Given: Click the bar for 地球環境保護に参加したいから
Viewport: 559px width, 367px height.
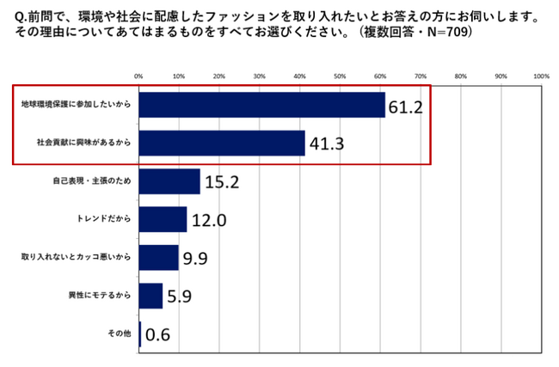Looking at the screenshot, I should click(261, 105).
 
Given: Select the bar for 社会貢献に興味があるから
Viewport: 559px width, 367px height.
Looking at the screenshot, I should click(222, 143).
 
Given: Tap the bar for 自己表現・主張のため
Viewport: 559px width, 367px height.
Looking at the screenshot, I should click(169, 181).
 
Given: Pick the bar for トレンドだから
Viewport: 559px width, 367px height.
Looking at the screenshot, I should click(163, 219).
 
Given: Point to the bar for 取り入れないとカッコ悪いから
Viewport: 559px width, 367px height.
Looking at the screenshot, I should click(158, 257).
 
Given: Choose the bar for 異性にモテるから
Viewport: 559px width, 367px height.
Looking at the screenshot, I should click(150, 296).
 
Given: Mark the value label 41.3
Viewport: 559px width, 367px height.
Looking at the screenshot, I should click(327, 144).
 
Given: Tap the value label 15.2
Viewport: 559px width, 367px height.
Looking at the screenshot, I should click(222, 182).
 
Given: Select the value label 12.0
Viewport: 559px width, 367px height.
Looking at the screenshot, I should click(208, 221).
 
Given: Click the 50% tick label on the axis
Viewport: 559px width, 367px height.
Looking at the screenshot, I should click(340, 76).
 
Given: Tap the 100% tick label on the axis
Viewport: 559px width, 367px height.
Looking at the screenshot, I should click(541, 76).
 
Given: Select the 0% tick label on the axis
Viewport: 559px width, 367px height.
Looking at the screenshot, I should click(138, 76).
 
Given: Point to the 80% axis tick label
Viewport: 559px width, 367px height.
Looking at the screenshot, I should click(460, 76).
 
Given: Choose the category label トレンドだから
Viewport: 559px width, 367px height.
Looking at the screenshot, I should click(107, 219).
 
